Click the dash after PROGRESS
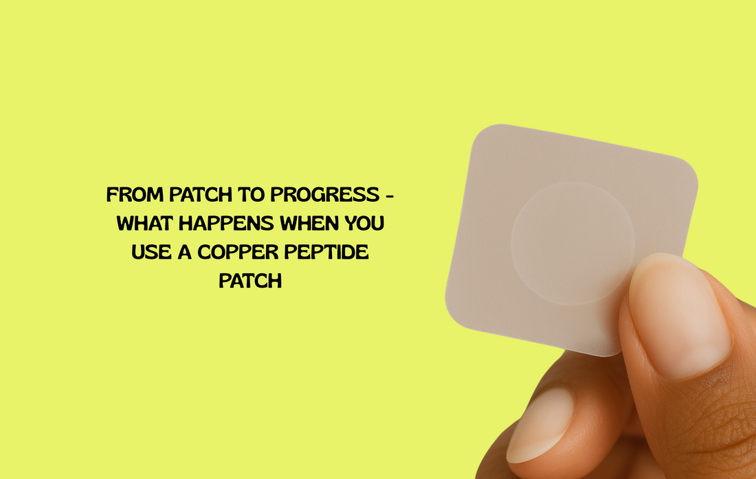(390, 195)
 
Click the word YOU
(365, 224)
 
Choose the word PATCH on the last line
(250, 281)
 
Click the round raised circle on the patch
(572, 243)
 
